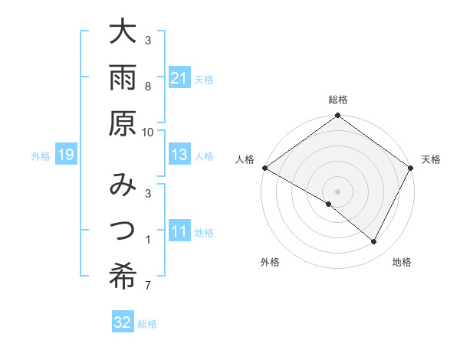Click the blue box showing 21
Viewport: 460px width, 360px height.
[179, 78]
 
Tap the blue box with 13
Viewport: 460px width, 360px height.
[179, 155]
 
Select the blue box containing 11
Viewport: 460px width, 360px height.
[179, 231]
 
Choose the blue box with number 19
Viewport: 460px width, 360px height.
[65, 155]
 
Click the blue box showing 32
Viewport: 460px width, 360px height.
[123, 322]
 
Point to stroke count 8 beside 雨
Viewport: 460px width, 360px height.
[148, 86]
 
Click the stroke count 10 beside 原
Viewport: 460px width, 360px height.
[148, 133]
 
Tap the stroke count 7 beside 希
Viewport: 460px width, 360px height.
[148, 286]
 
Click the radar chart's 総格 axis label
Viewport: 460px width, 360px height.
[338, 100]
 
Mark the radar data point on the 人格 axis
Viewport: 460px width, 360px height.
[265, 168]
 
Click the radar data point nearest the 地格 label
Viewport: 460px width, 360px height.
[374, 242]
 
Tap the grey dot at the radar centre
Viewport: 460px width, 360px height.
[338, 191]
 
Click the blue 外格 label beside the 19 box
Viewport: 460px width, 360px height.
[41, 156]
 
